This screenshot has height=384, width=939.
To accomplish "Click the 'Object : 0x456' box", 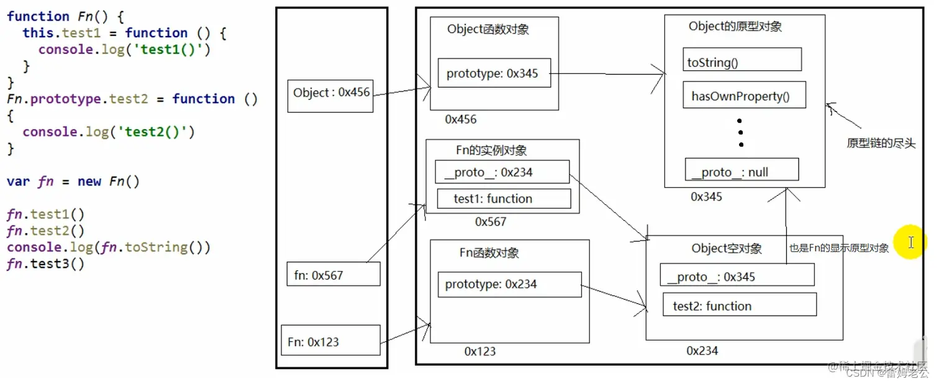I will point(330,96).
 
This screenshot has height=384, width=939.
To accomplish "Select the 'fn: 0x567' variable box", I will point(333,274).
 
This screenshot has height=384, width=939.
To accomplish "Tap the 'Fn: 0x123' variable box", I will point(330,341).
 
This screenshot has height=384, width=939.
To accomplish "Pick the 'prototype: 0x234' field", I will point(509,285).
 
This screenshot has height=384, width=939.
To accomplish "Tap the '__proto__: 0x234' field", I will point(501,172).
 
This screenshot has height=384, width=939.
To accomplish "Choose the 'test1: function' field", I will point(503,199).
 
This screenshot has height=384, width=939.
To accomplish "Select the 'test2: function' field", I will point(739,305).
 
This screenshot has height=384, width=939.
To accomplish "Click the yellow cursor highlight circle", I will point(910,242).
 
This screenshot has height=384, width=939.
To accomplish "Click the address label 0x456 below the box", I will point(461,119).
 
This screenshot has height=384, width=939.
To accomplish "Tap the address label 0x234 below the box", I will point(702,351).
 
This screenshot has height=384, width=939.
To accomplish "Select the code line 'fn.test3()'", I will point(45,264).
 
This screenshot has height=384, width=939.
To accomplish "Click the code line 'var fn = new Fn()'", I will point(73,181).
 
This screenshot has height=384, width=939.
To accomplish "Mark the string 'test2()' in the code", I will point(164,132).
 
